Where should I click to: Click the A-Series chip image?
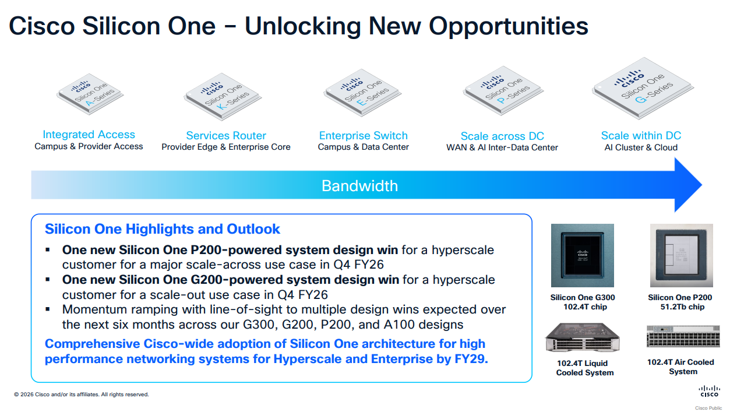coord(90,94)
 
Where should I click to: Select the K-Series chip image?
coord(223,97)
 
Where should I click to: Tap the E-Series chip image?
coord(362,93)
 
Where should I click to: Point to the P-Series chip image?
coord(503,91)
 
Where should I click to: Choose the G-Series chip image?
coord(643,88)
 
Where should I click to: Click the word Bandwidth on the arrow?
coord(359,186)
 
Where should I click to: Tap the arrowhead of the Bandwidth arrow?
coord(688,185)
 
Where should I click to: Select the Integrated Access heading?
coord(89,134)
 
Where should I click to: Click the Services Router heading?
coord(226,135)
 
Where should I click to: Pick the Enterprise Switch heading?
coord(363,135)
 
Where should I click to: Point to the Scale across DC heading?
coord(502,136)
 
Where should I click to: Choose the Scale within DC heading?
coord(641,135)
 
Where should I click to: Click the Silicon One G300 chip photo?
coord(583,255)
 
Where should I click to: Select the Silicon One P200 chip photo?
coord(682,255)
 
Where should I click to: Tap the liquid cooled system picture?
coord(583,337)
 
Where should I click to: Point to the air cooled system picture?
coord(683,336)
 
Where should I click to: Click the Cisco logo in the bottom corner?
coord(710,391)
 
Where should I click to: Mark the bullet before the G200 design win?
coord(48,280)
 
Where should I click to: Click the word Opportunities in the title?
coord(509,26)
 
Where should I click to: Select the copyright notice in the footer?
coord(81,395)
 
